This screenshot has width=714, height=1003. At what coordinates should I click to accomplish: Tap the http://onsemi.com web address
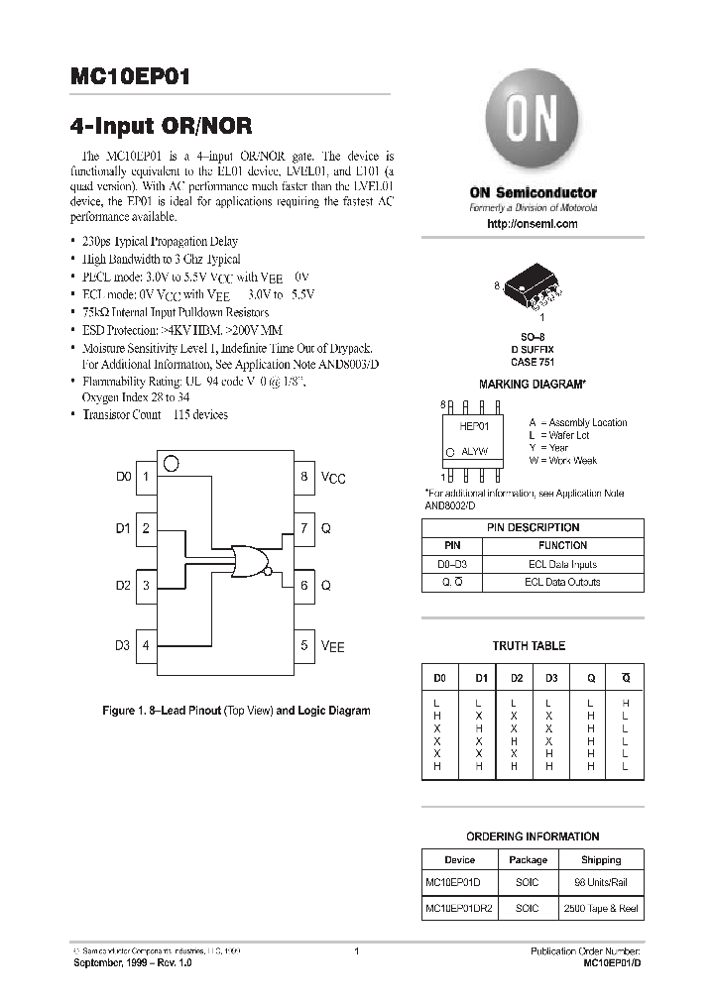533,225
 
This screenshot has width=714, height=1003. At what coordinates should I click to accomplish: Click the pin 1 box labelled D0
146,477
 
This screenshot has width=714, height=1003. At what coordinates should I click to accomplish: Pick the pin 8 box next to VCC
304,477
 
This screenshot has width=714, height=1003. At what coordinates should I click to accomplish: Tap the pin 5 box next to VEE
304,645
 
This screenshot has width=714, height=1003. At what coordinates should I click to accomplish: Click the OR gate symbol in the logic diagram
248,562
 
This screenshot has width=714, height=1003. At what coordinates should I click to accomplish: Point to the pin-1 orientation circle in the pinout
171,463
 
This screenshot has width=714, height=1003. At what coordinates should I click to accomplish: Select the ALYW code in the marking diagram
474,451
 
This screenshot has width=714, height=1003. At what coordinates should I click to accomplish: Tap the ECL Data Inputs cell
562,564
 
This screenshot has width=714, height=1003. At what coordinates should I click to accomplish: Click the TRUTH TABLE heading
529,645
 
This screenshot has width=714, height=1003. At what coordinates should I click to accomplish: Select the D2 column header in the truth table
517,679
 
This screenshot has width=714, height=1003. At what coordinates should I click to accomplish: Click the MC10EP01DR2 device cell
459,908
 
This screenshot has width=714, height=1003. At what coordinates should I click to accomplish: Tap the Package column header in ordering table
528,860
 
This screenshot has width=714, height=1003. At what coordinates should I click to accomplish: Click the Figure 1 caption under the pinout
236,711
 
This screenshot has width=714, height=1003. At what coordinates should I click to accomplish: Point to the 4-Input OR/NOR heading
162,126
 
